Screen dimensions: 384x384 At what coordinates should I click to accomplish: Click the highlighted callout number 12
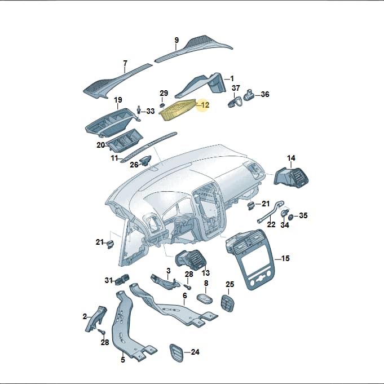[x=205, y=105]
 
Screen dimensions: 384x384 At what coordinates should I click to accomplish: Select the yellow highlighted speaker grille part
[x=178, y=110]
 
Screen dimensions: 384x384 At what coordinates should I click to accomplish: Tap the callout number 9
[x=176, y=40]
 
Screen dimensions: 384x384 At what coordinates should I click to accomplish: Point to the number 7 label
[x=125, y=63]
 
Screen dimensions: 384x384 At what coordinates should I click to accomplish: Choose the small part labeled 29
[x=162, y=105]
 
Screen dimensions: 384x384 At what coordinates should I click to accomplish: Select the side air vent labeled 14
[x=291, y=177]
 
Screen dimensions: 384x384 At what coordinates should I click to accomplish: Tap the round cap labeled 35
[x=291, y=217]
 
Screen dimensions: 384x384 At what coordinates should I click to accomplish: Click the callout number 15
[x=285, y=258]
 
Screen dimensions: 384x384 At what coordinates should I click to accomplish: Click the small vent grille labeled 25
[x=227, y=303]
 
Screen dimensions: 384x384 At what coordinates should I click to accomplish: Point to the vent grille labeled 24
[x=176, y=353]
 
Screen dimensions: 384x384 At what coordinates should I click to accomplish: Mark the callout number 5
[x=123, y=360]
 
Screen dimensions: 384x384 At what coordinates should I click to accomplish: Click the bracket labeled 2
[x=96, y=319]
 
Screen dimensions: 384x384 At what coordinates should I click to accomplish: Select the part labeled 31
[x=122, y=279]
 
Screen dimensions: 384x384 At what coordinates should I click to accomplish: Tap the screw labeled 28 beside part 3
[x=188, y=285]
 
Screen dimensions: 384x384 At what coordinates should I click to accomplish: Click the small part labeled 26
[x=145, y=160]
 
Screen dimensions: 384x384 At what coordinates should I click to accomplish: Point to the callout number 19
[x=118, y=100]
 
